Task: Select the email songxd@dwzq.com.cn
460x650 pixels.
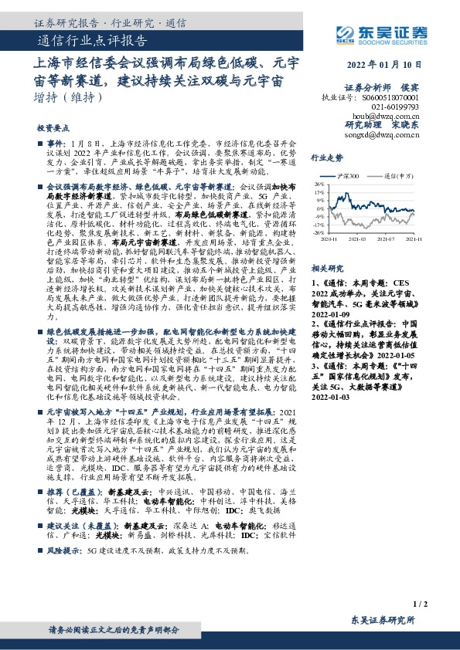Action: [x=382, y=134]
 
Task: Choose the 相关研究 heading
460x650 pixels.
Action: [x=326, y=269]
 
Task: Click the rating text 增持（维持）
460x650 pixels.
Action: [x=69, y=98]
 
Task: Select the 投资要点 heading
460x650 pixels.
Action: [x=53, y=129]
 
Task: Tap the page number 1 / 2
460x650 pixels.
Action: [x=420, y=604]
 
